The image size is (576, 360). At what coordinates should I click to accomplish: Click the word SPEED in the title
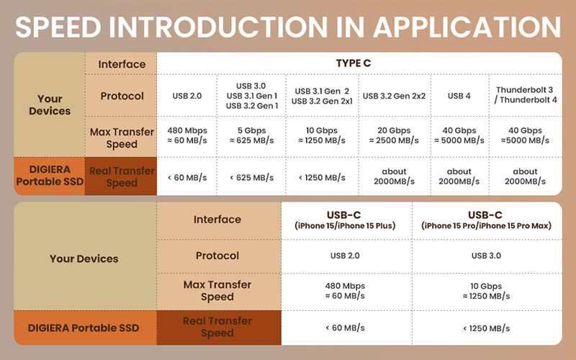(x=58, y=27)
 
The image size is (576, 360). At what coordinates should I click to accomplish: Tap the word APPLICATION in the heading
(x=467, y=27)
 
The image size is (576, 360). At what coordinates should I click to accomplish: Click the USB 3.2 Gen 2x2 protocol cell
(x=394, y=96)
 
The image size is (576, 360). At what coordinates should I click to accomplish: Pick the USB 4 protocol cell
(x=459, y=96)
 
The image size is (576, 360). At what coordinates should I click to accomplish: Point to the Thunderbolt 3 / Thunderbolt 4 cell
(x=526, y=95)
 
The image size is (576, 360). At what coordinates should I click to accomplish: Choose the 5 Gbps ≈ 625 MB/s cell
(x=251, y=135)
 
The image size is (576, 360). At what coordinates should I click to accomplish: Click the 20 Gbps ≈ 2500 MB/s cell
(x=394, y=135)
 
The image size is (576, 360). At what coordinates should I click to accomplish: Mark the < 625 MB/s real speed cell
(x=251, y=178)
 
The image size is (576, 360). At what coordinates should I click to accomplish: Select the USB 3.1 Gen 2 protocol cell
(x=322, y=96)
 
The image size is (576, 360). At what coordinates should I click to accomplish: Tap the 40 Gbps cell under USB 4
(x=459, y=135)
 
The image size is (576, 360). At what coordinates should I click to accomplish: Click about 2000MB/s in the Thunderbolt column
(x=526, y=176)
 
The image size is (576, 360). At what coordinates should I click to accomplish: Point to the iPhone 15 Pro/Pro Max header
(x=487, y=220)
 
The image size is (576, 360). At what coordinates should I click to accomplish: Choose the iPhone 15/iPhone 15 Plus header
(x=345, y=220)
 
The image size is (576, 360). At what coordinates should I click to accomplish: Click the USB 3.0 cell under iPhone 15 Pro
(x=487, y=256)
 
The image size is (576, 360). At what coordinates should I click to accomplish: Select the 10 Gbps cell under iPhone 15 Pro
(x=487, y=291)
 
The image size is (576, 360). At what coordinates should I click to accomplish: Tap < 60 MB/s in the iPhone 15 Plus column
(x=345, y=328)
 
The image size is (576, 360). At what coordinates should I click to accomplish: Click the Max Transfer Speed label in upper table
(x=122, y=138)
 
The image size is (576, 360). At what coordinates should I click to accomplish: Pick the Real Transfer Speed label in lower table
(x=217, y=327)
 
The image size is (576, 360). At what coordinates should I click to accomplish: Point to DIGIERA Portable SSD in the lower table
(x=84, y=328)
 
